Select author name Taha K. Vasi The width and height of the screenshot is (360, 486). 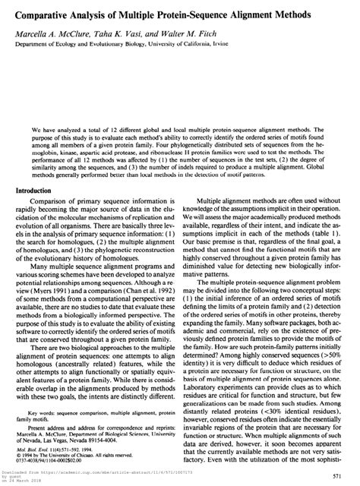(115, 31)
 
